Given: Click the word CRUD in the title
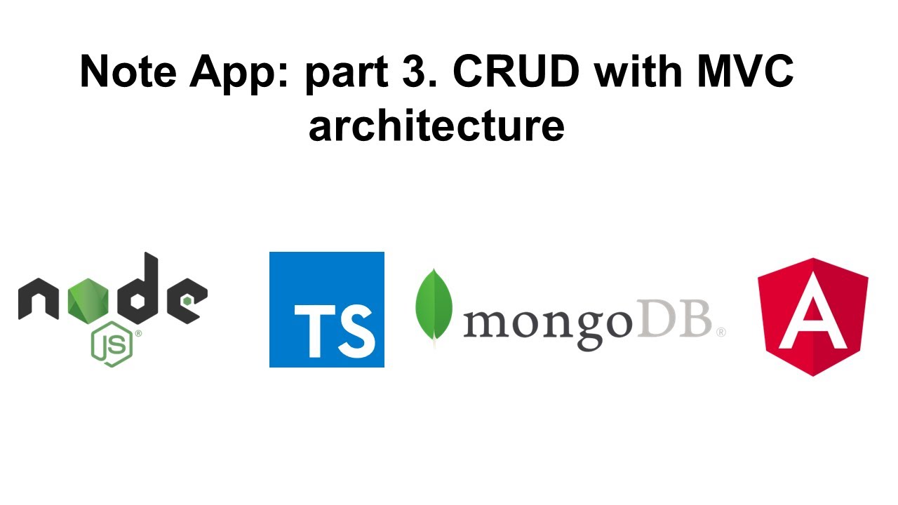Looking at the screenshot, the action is [511, 72].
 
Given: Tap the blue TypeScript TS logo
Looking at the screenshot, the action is [327, 309].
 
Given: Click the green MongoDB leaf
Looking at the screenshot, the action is [434, 305].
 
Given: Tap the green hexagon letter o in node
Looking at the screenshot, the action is [88, 298].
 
